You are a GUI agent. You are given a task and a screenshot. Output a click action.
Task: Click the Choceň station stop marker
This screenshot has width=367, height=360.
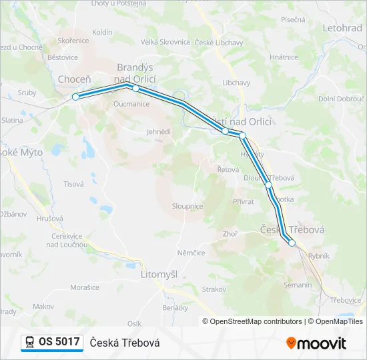[75, 97]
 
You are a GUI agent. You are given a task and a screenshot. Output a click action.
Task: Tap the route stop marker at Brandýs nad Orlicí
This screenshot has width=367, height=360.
[135, 88]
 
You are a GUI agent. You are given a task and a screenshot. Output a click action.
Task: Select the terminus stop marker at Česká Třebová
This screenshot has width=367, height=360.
[292, 243]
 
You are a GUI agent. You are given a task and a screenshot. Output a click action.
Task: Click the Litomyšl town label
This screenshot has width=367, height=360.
[160, 274]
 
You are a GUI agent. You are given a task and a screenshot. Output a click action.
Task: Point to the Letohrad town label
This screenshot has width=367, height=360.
[342, 29]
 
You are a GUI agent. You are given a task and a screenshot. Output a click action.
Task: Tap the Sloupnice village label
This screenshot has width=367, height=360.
[188, 207]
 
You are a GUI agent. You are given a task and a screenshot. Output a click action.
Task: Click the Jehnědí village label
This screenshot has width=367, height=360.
[159, 132]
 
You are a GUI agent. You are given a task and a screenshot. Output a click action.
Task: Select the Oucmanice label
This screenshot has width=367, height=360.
[131, 104]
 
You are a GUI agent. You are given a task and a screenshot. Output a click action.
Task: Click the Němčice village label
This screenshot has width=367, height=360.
[192, 253]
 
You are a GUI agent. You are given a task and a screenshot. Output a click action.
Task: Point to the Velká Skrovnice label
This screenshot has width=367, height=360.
[165, 42]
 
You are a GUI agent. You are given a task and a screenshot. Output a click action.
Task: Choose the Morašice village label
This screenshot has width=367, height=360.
[85, 287]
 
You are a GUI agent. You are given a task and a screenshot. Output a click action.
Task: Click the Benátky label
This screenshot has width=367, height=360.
[175, 307]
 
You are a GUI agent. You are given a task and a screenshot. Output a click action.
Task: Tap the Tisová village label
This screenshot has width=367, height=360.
[73, 183]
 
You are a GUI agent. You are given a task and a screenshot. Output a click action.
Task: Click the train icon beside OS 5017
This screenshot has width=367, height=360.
[30, 342]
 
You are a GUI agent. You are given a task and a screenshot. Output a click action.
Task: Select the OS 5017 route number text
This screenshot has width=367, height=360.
[59, 342]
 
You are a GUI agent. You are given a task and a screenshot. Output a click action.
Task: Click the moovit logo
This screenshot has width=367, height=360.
[316, 343]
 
